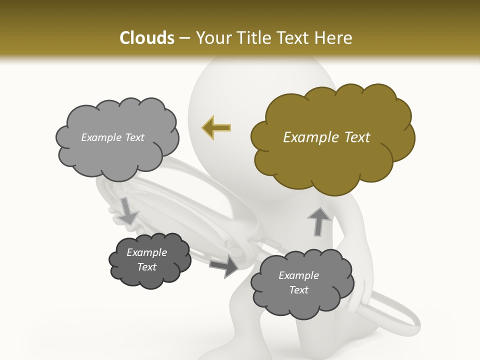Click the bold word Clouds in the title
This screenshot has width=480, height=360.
tap(146, 38)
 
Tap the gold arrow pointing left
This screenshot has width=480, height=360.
tap(216, 127)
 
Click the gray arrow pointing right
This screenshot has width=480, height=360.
tap(224, 265)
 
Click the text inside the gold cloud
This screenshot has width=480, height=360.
tap(326, 137)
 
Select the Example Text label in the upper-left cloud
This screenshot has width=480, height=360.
tap(112, 137)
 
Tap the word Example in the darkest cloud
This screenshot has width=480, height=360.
tap(146, 252)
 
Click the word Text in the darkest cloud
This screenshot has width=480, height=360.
tap(146, 267)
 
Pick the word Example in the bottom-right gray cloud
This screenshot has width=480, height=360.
tap(298, 275)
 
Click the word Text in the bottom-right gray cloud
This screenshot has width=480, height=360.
tap(298, 290)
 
